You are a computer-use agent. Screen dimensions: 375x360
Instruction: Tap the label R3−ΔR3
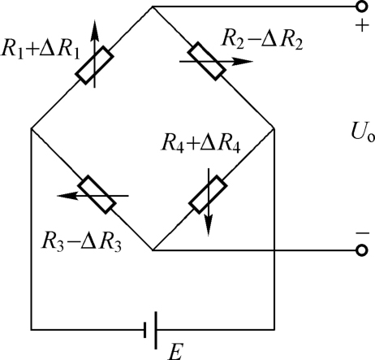pyautogui.click(x=81, y=242)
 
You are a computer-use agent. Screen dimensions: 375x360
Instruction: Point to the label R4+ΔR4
pyautogui.click(x=201, y=143)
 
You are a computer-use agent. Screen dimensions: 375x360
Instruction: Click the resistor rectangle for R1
pyautogui.click(x=95, y=65)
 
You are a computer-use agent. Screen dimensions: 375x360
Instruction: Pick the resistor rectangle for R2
pyautogui.click(x=207, y=61)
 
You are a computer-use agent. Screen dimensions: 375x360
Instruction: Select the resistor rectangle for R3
pyautogui.click(x=97, y=194)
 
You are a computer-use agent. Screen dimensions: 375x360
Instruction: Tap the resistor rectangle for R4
pyautogui.click(x=208, y=194)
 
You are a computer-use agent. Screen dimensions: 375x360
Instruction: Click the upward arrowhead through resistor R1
pyautogui.click(x=94, y=28)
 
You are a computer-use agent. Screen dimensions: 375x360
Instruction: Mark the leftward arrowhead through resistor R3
pyautogui.click(x=67, y=196)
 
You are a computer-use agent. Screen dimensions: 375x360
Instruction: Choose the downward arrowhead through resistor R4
pyautogui.click(x=209, y=226)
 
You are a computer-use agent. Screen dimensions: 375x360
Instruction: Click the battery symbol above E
pyautogui.click(x=150, y=330)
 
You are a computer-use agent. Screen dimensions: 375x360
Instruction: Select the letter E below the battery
pyautogui.click(x=175, y=351)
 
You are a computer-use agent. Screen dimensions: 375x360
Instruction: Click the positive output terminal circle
pyautogui.click(x=361, y=7)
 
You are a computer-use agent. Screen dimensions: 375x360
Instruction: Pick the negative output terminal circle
pyautogui.click(x=361, y=250)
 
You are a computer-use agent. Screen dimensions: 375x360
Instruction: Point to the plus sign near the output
pyautogui.click(x=362, y=26)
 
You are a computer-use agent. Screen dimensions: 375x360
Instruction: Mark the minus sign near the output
pyautogui.click(x=363, y=232)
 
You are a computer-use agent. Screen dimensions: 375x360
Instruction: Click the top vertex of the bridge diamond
pyautogui.click(x=153, y=7)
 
